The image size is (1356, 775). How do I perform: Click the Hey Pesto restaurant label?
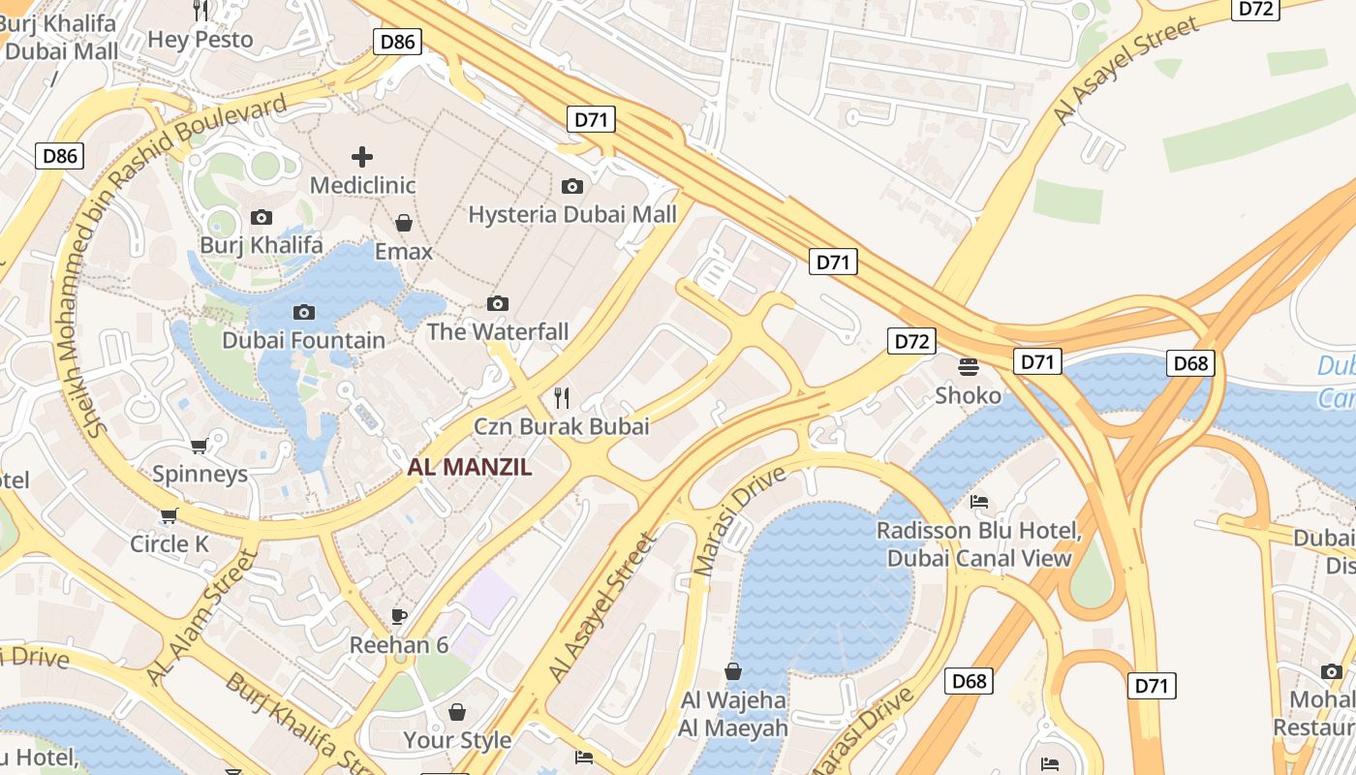pos(200,40)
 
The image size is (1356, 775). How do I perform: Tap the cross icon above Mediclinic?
pos(362,156)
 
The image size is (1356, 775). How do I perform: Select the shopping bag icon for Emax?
pos(404,224)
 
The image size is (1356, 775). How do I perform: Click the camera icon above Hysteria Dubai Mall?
pos(572,186)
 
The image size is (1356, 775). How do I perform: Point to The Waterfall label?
pos(498,331)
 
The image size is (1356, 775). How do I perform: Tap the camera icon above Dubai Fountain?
pos(304,312)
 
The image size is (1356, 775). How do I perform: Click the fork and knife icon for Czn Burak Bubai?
pos(561,397)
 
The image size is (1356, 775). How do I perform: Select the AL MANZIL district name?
pos(470,467)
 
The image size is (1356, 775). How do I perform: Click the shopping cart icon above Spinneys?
pos(200,446)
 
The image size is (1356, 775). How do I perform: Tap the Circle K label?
pos(169,544)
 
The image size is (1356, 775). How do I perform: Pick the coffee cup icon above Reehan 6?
pos(398,616)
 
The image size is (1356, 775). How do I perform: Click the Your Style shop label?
pos(457,740)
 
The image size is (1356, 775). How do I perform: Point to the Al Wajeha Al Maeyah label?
pos(733,714)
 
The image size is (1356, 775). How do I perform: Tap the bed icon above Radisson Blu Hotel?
pos(979,502)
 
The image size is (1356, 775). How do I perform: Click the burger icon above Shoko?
pos(968,367)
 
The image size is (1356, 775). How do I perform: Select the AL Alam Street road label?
pos(200,616)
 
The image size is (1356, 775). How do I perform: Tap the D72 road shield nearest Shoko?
pos(911,341)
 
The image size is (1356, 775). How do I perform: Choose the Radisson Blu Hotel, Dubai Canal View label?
pos(979,544)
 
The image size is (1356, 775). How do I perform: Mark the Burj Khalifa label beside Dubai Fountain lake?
pos(262,245)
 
